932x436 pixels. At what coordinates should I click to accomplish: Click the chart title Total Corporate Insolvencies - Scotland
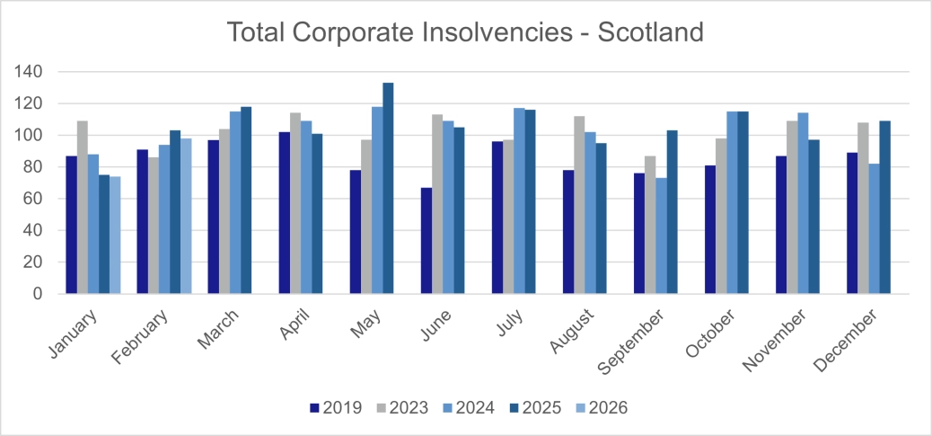[x=465, y=32]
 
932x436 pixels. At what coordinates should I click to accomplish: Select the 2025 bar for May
[x=388, y=188]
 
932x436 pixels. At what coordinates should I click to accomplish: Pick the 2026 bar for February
[x=186, y=216]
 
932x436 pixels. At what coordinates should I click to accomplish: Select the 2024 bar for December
[x=874, y=228]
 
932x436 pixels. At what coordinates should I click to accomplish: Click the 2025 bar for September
[x=672, y=211]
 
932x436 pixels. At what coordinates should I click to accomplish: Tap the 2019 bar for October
[x=710, y=229]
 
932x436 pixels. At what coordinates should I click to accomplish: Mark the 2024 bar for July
[x=519, y=200]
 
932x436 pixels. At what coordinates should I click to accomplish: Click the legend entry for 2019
[x=336, y=408]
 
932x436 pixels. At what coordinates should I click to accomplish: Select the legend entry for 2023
[x=401, y=408]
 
